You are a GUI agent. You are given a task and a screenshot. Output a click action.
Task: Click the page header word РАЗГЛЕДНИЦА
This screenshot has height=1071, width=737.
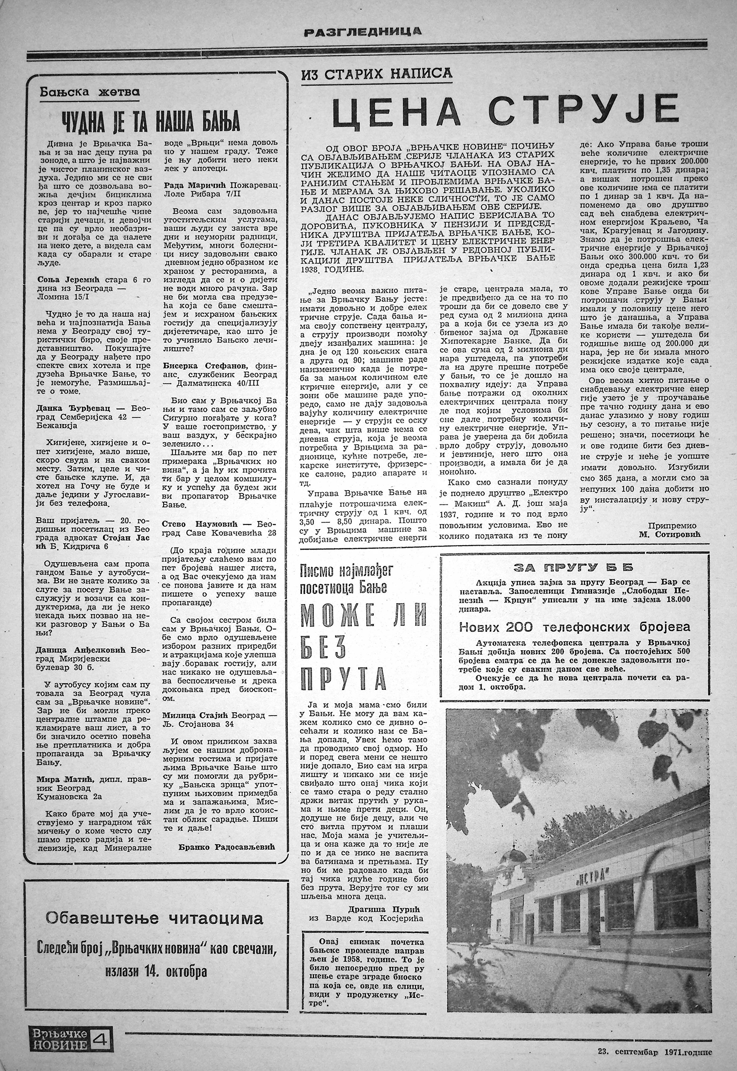362,32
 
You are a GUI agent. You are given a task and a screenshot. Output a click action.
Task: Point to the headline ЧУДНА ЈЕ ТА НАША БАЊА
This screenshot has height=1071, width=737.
151,122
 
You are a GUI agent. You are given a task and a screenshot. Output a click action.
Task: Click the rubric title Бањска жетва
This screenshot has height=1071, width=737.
90,92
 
